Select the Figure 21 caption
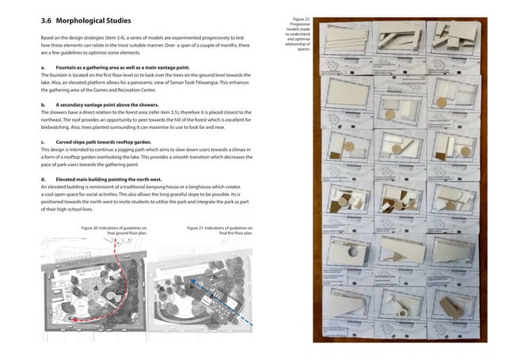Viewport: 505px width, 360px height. pyautogui.click(x=219, y=230)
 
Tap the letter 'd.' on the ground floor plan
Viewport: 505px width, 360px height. pyautogui.click(x=95, y=289)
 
